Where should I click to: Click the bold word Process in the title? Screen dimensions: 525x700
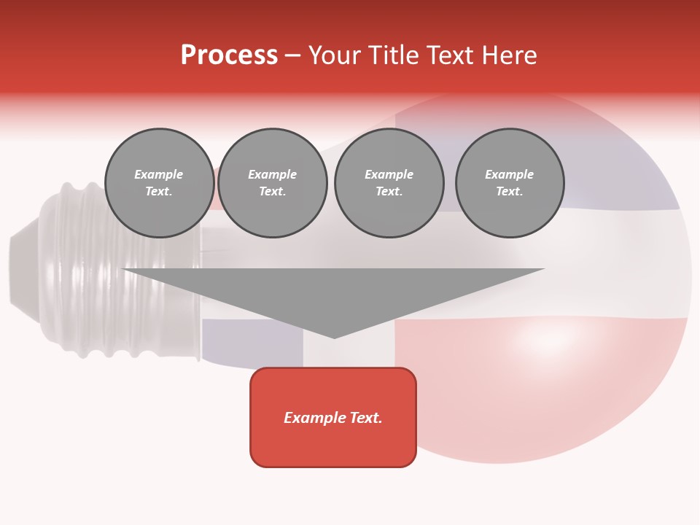coord(229,55)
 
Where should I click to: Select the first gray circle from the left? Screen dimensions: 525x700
coord(160,183)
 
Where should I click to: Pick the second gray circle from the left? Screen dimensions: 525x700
coord(273,183)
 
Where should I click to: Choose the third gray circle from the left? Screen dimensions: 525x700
coord(389,183)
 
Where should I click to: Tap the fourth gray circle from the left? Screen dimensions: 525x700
coord(510,183)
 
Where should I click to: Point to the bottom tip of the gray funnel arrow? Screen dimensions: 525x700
coord(335,336)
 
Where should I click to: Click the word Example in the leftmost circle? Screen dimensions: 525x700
coord(159,174)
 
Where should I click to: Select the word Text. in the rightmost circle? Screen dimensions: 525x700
coord(510,192)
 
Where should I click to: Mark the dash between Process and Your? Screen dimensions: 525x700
coord(293,55)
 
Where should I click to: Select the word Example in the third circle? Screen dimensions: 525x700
coord(389,174)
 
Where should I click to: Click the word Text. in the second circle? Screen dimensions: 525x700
coord(273,192)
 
